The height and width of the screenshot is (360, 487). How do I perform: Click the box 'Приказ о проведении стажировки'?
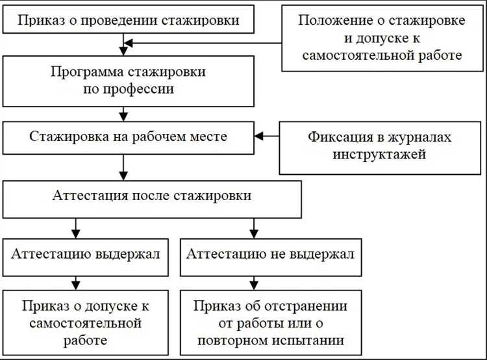point(128,21)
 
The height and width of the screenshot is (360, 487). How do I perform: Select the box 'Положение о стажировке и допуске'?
point(381,37)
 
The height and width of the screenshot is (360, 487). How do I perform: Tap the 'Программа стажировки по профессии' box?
point(128,80)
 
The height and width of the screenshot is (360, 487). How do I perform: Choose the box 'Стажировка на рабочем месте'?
point(128,137)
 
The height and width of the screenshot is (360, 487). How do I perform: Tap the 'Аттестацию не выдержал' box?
point(270,254)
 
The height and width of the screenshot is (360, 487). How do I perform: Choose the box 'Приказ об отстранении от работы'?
point(270,323)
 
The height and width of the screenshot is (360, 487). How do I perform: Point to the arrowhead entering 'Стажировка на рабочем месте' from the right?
point(258,136)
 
